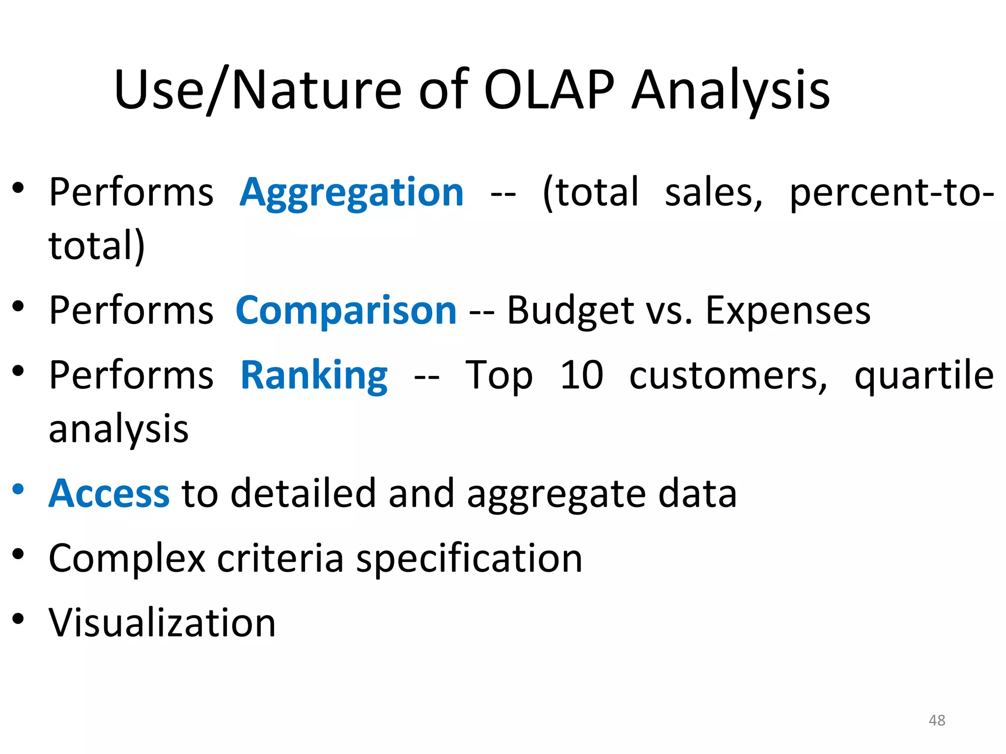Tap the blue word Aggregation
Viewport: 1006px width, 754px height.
click(x=352, y=192)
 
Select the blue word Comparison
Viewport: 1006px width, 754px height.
click(x=346, y=311)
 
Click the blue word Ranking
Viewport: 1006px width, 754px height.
click(x=314, y=376)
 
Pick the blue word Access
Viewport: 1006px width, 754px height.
click(x=109, y=493)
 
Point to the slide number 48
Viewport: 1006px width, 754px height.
click(x=937, y=720)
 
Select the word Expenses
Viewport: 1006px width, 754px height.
click(x=788, y=311)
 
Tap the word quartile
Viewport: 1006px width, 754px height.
click(x=924, y=376)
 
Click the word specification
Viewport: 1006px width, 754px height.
click(x=469, y=559)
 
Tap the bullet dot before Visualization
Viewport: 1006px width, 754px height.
click(x=18, y=619)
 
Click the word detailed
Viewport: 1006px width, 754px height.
click(x=303, y=493)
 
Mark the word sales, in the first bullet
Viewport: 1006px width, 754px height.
click(x=714, y=192)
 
